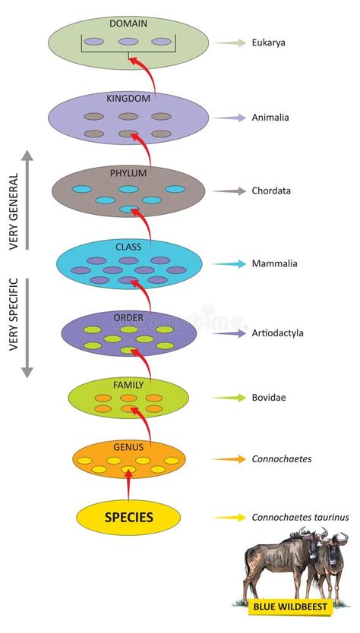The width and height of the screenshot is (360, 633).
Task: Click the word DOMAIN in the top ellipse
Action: [x=128, y=24]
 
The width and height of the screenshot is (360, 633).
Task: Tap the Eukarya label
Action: [x=269, y=43]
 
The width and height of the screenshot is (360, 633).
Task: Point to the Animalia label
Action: [x=270, y=118]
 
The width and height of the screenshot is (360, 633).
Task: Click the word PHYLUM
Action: [x=128, y=172]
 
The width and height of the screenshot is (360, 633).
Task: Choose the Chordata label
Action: [x=272, y=191]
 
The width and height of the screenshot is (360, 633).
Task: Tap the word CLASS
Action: [x=128, y=247]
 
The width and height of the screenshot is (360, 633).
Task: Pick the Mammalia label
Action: [x=274, y=264]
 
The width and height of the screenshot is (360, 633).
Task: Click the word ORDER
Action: [x=128, y=316]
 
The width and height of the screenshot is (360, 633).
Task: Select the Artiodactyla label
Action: [x=278, y=332]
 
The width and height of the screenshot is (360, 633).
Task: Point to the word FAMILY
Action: [x=128, y=385]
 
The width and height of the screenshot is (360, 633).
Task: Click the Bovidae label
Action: [x=269, y=397]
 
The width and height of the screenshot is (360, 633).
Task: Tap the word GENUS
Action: [x=128, y=448]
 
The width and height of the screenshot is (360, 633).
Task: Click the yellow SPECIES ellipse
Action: [x=128, y=518]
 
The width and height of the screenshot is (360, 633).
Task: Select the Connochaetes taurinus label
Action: [x=300, y=518]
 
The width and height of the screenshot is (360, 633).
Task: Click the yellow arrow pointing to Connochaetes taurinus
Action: [x=229, y=518]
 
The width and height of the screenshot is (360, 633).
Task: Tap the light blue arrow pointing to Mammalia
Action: [x=230, y=264]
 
